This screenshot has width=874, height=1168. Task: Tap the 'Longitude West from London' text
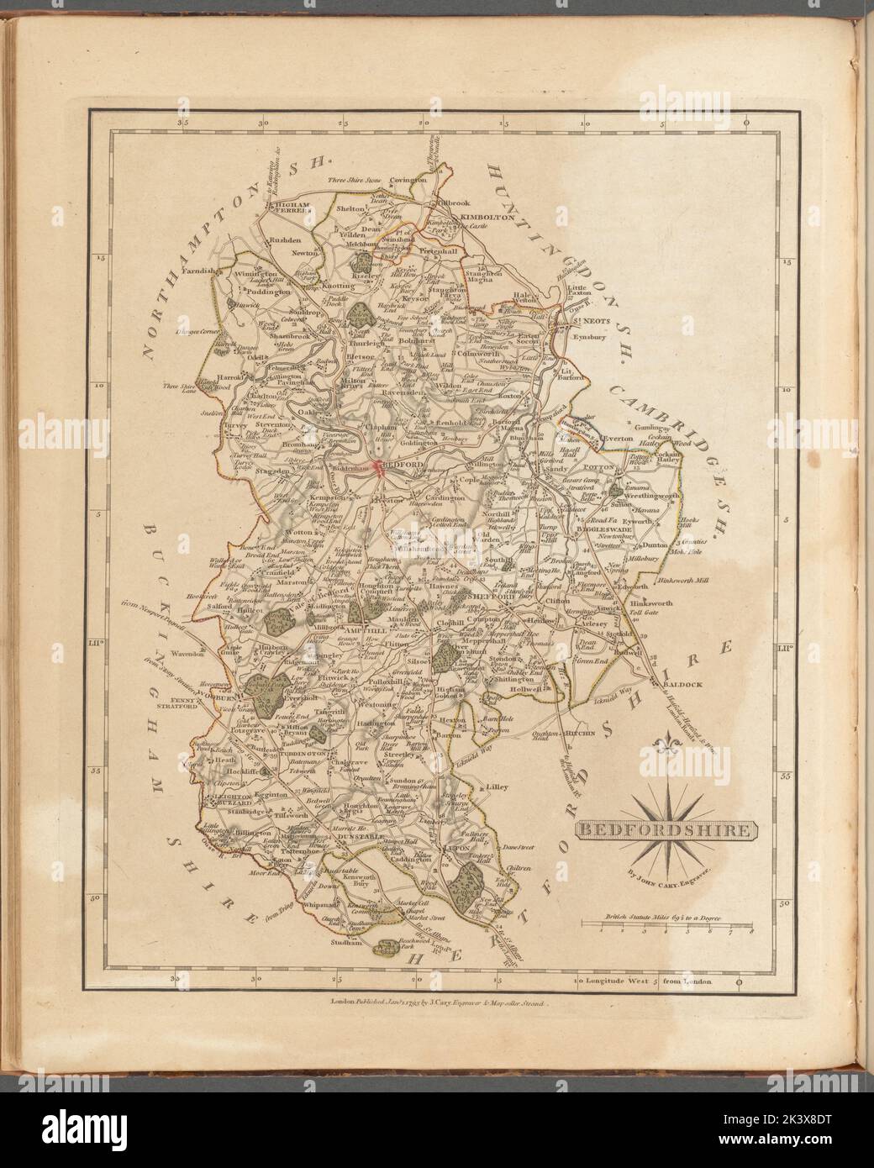pyautogui.click(x=647, y=981)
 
